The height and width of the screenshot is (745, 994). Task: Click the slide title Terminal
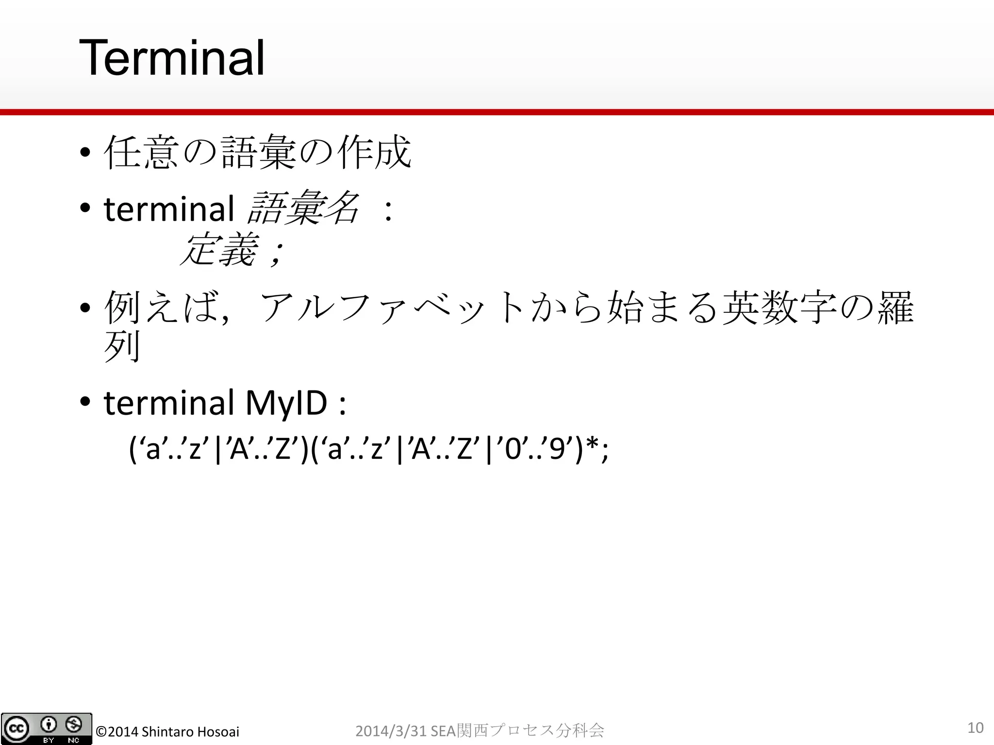(x=172, y=59)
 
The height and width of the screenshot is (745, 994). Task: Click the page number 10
(x=975, y=728)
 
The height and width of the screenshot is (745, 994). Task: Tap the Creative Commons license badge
(x=46, y=729)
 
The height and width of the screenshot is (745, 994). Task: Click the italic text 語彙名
(x=303, y=209)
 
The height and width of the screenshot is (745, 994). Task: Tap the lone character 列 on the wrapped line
(x=122, y=346)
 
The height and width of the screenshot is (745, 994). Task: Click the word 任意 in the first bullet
(x=141, y=152)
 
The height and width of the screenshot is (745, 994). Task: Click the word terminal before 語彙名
(x=169, y=209)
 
